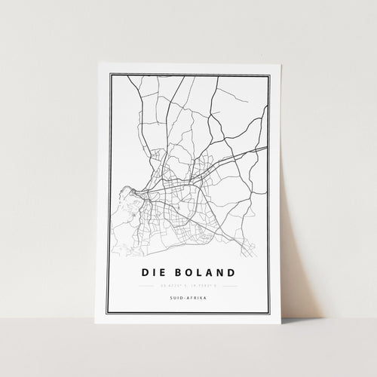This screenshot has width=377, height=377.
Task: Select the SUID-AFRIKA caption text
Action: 188,299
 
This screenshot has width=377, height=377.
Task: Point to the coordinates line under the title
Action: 188,286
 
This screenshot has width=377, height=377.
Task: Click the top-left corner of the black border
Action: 110,74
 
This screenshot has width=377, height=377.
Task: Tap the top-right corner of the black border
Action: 268,74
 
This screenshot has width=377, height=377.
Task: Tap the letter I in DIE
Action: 152,272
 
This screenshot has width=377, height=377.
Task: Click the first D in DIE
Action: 145,272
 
